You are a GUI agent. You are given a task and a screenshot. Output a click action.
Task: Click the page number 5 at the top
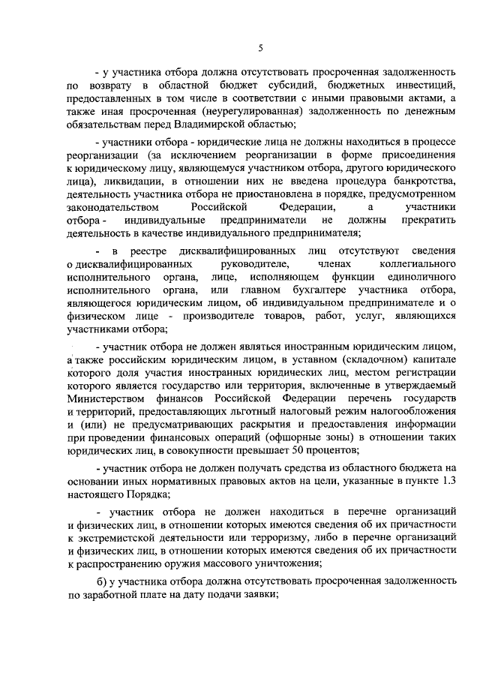[x=259, y=48]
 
